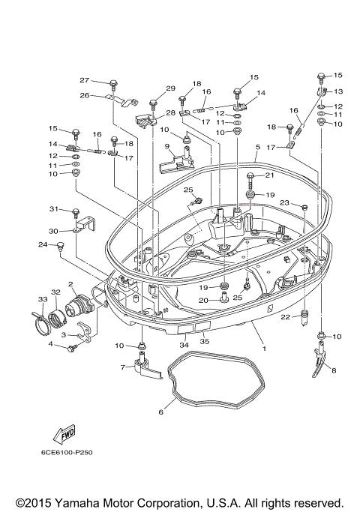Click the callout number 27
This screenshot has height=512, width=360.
tap(85, 80)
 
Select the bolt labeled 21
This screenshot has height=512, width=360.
tap(248, 180)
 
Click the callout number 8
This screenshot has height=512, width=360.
tap(334, 370)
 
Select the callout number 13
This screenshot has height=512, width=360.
tap(337, 91)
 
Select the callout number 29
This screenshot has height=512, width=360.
tap(170, 88)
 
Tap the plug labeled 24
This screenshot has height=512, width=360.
tap(61, 247)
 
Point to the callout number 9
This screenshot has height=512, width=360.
tap(169, 147)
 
